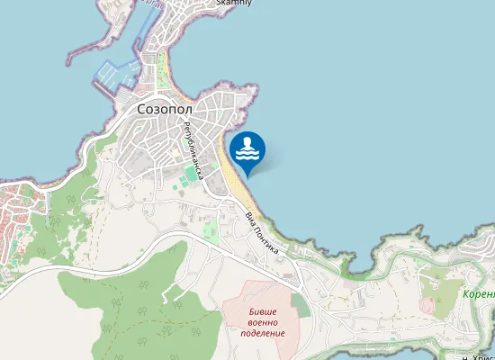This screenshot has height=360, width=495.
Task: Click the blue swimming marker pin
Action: click(x=247, y=150)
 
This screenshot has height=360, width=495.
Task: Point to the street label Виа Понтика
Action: click(x=262, y=231)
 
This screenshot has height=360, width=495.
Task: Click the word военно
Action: click(x=263, y=321)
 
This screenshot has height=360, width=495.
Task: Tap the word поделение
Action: click(x=263, y=333)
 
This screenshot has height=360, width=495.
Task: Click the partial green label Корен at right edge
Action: click(x=479, y=293)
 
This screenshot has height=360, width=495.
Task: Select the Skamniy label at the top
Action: click(x=234, y=4)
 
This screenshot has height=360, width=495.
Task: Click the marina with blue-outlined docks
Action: click(x=115, y=76)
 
